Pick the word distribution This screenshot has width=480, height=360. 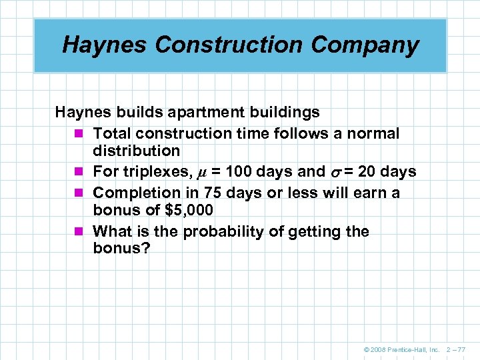(x=136, y=151)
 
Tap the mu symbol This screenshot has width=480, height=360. (x=203, y=173)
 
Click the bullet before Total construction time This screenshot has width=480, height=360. (x=80, y=133)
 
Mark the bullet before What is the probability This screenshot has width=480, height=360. (x=80, y=232)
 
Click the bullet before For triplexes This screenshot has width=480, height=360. (x=80, y=172)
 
